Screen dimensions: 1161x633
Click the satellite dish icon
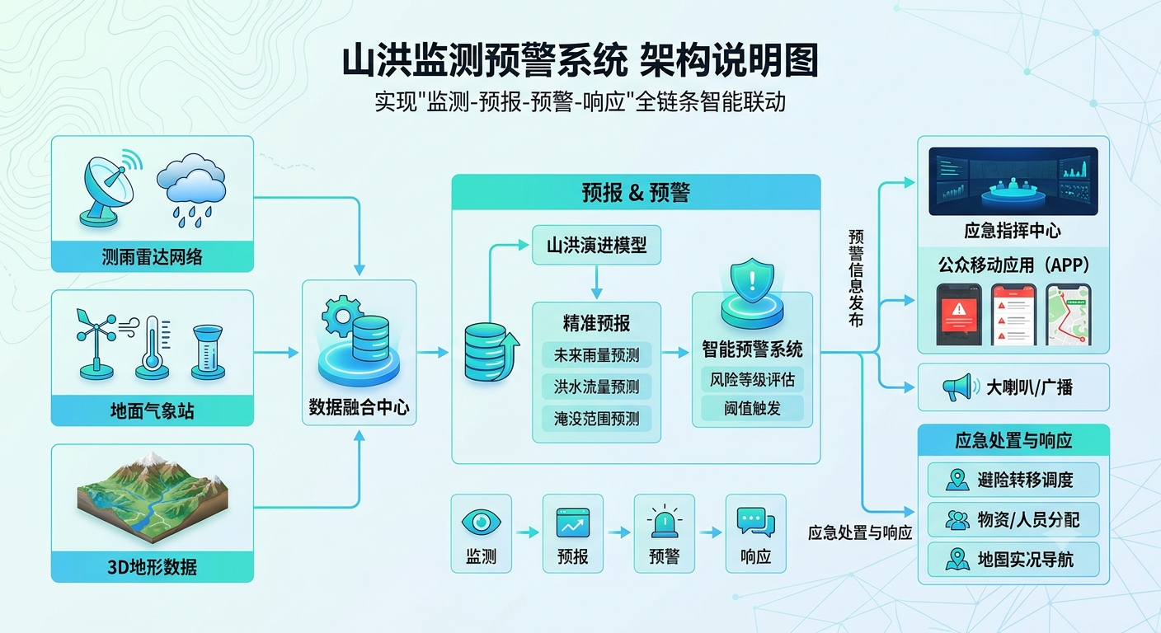point(110,188)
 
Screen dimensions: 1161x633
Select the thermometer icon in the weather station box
point(153,348)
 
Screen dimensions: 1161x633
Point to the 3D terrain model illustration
point(153,497)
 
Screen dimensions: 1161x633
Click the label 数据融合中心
point(360,407)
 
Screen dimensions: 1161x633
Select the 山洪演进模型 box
point(596,245)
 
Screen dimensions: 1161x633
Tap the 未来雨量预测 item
point(596,355)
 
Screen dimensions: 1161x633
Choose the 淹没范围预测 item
point(596,419)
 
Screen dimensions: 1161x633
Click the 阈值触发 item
point(752,409)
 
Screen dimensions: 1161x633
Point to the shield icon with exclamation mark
point(752,281)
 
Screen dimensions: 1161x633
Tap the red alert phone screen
point(959,314)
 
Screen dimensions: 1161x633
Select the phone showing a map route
point(1068,314)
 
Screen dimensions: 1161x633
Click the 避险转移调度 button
point(1013,480)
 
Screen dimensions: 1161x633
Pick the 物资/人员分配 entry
point(1013,519)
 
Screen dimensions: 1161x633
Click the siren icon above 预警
point(664,521)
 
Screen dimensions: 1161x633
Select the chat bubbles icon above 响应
point(755,522)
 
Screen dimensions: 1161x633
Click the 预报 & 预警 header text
point(636,193)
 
